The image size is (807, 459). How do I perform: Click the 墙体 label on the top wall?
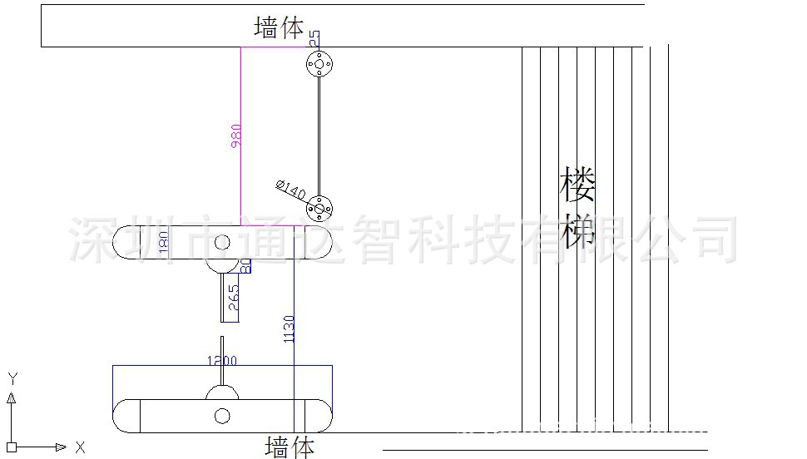click(x=279, y=28)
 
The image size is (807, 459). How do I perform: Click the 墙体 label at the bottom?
click(x=290, y=447)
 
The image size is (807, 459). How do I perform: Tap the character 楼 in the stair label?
click(x=578, y=185)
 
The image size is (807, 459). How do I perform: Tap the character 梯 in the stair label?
click(x=578, y=229)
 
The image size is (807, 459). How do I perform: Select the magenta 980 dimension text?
click(x=235, y=136)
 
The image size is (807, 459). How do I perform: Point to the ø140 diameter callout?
click(x=290, y=190)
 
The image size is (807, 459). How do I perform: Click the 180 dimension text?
click(x=163, y=243)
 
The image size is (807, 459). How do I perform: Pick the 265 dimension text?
click(x=233, y=298)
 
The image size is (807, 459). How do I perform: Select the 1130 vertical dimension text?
click(x=289, y=329)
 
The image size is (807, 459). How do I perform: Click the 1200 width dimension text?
click(x=221, y=361)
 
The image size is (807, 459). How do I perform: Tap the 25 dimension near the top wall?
click(x=314, y=38)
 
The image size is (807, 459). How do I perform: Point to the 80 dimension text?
click(x=246, y=267)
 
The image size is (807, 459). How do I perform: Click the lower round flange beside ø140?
click(x=319, y=205)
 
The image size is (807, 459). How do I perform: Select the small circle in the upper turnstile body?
click(x=221, y=243)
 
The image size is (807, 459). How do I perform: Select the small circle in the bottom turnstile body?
click(x=221, y=416)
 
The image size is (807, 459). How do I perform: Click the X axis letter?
click(x=80, y=447)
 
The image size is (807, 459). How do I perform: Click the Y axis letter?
click(x=12, y=378)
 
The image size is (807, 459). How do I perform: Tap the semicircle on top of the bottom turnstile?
click(x=221, y=392)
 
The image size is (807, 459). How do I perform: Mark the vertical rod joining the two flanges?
click(x=319, y=135)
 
